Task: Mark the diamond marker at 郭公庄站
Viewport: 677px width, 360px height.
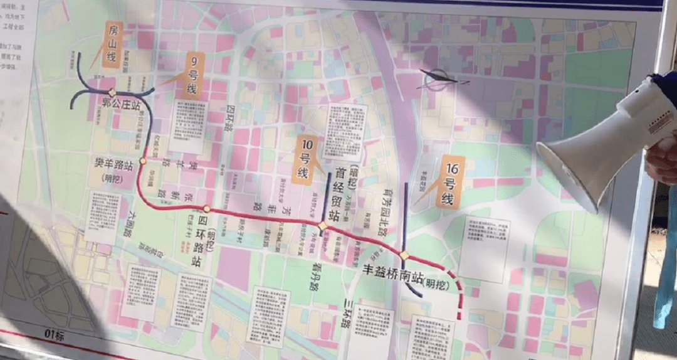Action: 112,92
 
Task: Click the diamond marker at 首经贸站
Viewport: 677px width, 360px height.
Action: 323,226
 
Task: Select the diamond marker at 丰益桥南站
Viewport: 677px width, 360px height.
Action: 405,256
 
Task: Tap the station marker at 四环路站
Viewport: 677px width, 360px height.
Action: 206,209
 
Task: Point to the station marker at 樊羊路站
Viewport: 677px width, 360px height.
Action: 143,161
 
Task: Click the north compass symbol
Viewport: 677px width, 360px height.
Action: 439,80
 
